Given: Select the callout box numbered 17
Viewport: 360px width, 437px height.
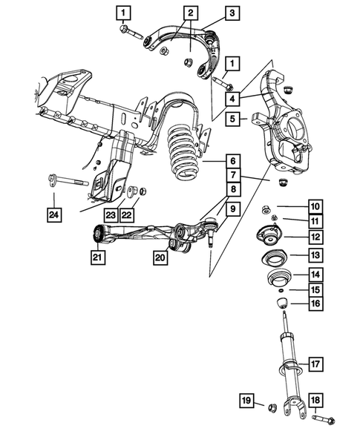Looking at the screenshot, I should [x=315, y=364].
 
